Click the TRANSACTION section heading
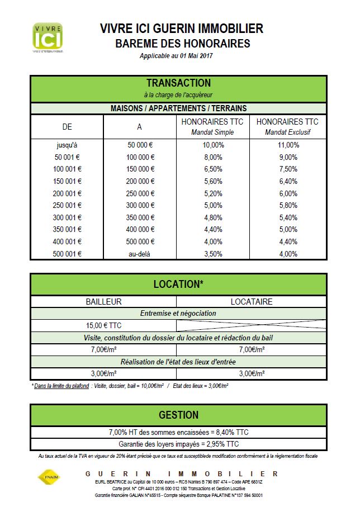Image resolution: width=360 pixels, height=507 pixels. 178,83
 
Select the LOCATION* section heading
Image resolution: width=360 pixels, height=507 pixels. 178,284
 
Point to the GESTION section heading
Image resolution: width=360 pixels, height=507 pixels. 178,415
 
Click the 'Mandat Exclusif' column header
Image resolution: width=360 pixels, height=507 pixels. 287,127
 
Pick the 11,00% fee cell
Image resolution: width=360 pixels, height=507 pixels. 287,145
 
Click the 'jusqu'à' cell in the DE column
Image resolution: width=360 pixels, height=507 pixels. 67,145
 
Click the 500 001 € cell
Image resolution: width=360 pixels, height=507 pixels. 67,253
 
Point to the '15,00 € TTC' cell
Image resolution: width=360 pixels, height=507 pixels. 103,325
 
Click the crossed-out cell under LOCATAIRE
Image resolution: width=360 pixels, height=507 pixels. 252,325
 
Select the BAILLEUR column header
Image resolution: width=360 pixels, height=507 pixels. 103,302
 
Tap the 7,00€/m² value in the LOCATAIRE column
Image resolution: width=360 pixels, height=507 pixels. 252,350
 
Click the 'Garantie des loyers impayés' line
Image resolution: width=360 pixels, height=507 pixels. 178,444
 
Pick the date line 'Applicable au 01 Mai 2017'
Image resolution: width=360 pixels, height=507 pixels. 177,56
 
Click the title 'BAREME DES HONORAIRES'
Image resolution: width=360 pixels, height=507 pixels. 182,44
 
